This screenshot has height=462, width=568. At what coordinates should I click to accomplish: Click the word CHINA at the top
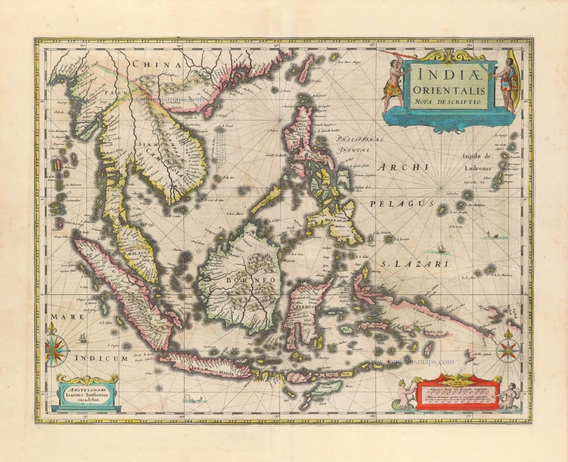point(156,65)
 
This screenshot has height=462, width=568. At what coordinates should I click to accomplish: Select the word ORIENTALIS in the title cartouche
point(449,90)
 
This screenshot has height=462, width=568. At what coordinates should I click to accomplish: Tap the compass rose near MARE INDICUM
point(56,351)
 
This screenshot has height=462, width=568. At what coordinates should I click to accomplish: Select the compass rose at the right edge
point(507,350)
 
